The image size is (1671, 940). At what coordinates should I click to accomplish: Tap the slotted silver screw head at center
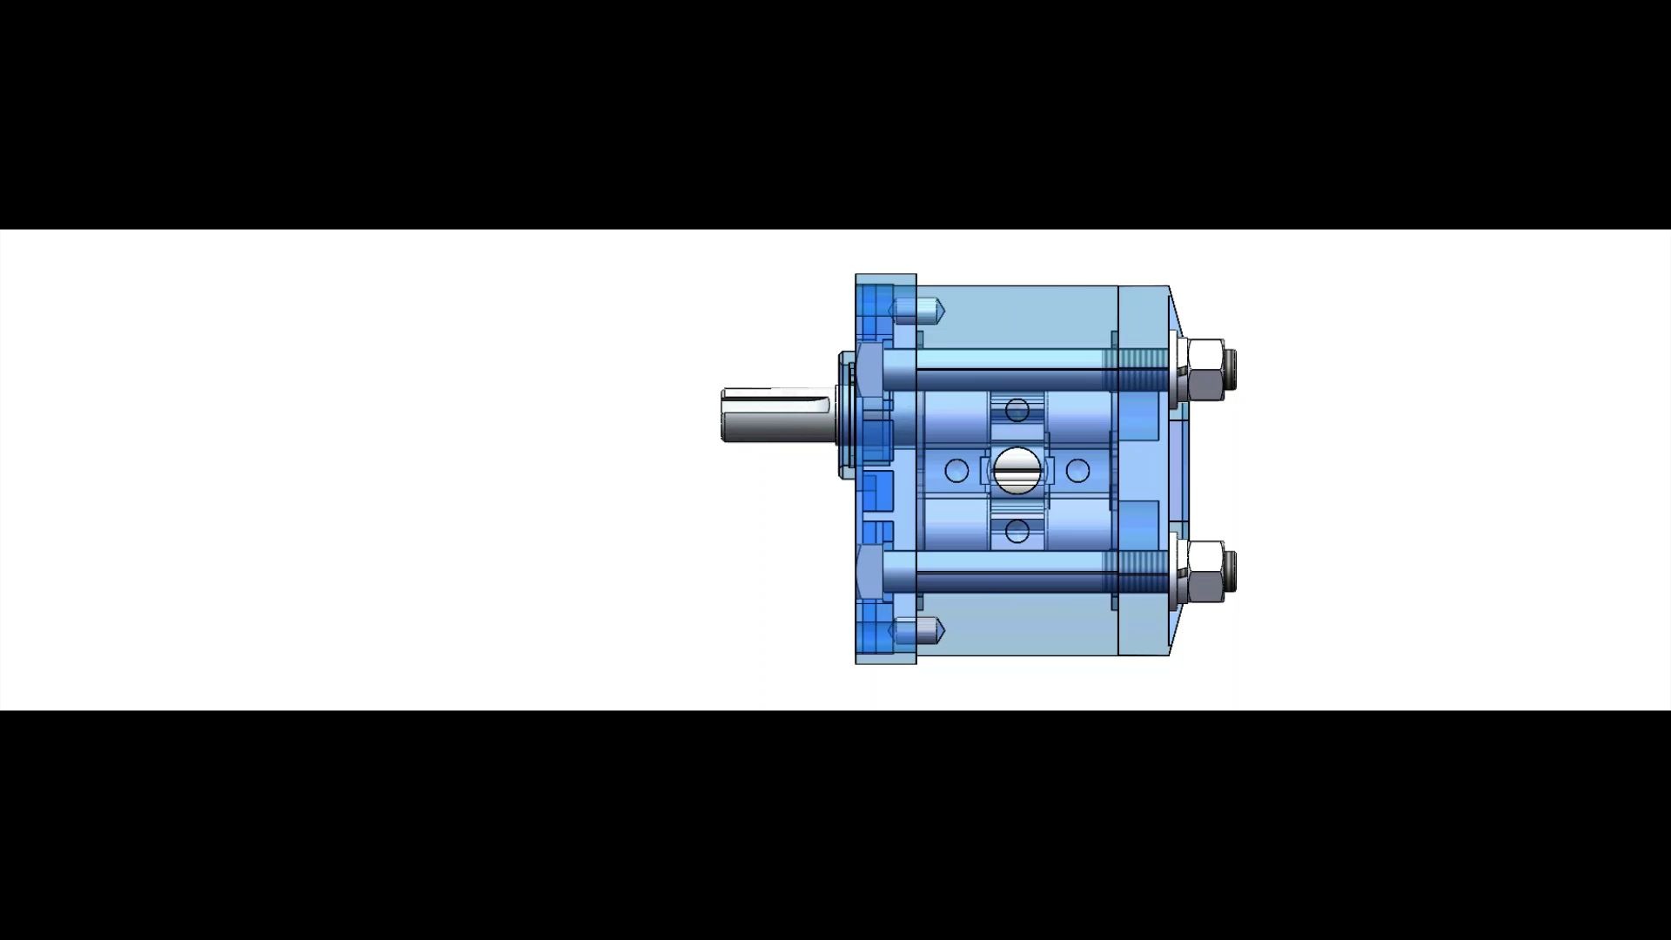click(x=1017, y=470)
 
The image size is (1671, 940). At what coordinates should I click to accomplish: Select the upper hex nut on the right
click(x=1205, y=369)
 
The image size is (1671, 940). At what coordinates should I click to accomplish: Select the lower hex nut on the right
click(x=1205, y=571)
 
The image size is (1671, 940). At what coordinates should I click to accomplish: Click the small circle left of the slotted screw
click(x=956, y=471)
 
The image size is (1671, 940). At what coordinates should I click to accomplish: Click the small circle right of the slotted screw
click(x=1077, y=471)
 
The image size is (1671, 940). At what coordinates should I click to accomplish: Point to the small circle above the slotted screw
click(x=1017, y=410)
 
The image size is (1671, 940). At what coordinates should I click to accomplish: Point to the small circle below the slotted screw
click(x=1017, y=531)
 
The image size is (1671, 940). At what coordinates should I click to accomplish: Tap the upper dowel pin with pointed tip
click(x=918, y=309)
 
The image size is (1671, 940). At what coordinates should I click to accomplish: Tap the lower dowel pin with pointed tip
click(x=918, y=631)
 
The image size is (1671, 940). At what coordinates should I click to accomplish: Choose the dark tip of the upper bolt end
click(x=1231, y=361)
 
